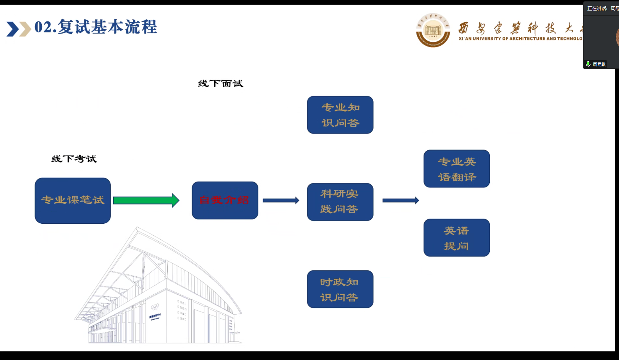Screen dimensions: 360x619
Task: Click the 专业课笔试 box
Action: pos(73,200)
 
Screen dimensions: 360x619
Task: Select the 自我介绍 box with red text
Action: pos(225,200)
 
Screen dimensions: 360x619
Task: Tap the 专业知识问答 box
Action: pos(340,115)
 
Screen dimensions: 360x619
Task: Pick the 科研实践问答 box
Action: pos(340,202)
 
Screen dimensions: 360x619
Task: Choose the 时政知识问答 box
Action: pos(340,289)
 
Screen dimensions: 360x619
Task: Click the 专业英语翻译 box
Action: pos(457,169)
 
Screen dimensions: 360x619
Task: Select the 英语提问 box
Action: pos(457,237)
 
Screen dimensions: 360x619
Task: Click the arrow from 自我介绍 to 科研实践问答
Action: pos(281,200)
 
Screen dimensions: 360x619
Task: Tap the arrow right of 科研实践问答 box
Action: pos(400,200)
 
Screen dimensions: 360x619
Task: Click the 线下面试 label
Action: pos(221,84)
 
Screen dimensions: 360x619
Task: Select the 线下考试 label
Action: pos(74,159)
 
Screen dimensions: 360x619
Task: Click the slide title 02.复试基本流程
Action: pos(96,27)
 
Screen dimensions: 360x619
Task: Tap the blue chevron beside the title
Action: pos(12,29)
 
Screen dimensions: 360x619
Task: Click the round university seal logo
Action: pos(433,30)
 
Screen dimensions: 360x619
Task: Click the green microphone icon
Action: pos(588,64)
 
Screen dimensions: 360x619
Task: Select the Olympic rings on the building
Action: pos(155,307)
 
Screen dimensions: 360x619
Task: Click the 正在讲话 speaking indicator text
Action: pos(597,8)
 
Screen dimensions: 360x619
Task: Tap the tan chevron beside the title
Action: pos(25,29)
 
